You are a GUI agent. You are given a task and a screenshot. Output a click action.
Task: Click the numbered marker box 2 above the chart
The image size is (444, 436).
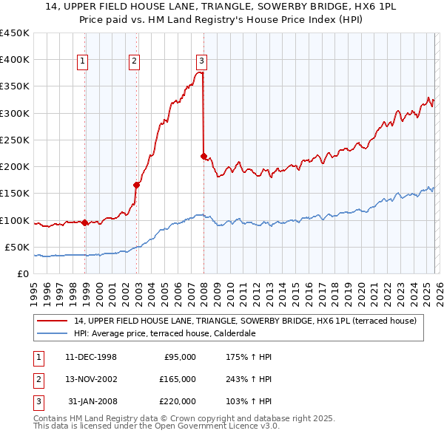[x=134, y=61]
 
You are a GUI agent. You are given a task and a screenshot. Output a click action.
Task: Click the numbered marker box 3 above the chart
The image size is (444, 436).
[x=201, y=61]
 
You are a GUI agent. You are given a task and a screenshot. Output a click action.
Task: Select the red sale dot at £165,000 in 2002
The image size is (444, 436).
[x=137, y=185]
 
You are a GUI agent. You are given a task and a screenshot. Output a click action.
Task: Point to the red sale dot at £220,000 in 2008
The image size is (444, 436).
[x=204, y=156]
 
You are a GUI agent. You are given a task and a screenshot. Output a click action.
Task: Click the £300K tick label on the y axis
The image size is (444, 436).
[x=14, y=113]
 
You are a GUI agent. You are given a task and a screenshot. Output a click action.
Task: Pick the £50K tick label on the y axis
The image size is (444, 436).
[x=16, y=247]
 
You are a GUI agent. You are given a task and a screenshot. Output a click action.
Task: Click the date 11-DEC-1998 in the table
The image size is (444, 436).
[x=91, y=357]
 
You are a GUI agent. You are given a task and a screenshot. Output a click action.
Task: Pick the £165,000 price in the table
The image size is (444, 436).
[x=178, y=379]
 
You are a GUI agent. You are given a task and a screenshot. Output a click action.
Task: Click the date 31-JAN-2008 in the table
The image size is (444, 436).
[x=92, y=401]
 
